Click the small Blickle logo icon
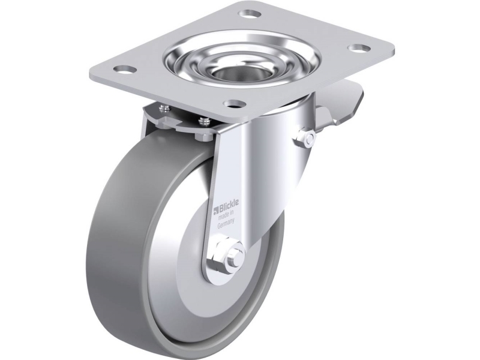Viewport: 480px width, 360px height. coord(215,210)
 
